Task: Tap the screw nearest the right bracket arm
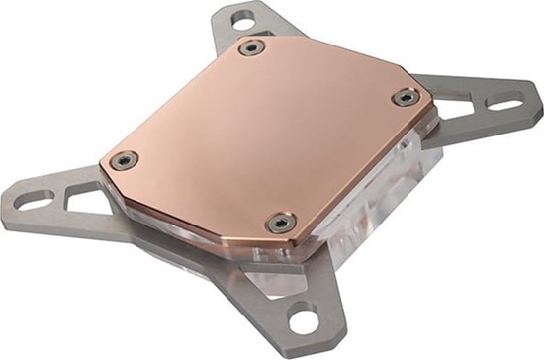(406, 96)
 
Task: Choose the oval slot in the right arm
(505, 103)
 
